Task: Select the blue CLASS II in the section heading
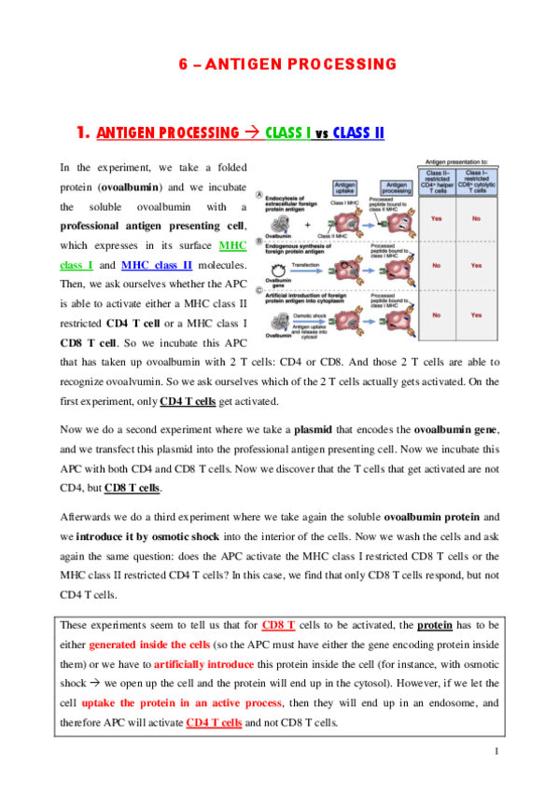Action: coord(358,132)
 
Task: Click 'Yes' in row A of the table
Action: coord(436,218)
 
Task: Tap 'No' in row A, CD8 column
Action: coord(477,218)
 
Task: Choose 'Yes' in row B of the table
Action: coord(477,265)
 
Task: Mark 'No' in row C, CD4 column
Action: coord(436,314)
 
